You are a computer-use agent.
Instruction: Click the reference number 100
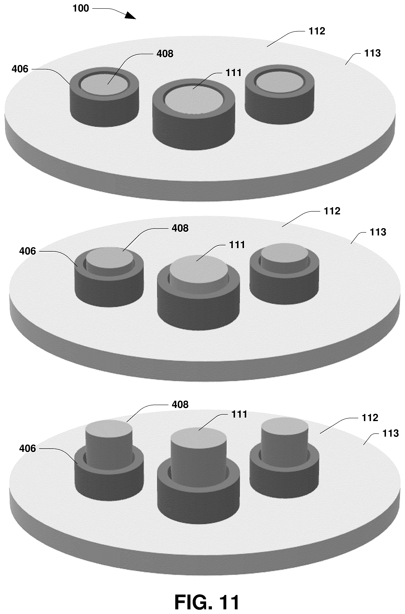[x=81, y=8]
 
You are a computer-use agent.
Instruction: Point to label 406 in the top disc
[x=20, y=69]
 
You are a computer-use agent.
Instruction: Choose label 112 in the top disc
[x=317, y=31]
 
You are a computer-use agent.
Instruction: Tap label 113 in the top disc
[x=372, y=53]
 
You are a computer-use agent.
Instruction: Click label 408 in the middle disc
[x=180, y=228]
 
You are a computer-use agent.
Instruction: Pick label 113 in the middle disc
[x=378, y=232]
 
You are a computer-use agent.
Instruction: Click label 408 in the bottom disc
[x=180, y=404]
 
